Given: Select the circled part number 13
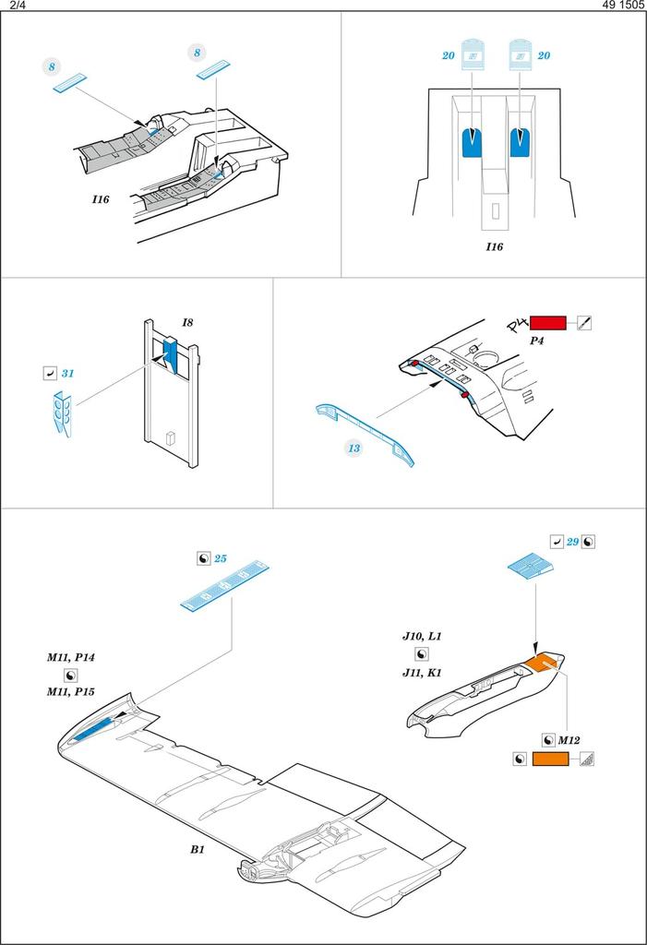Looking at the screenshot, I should (x=353, y=449).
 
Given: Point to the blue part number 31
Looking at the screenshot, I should (x=67, y=374).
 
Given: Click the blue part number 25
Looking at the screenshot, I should (x=221, y=559).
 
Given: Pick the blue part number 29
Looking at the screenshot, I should (x=572, y=542).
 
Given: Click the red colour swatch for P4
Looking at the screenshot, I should (x=547, y=323).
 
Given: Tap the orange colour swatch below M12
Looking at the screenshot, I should (x=551, y=760).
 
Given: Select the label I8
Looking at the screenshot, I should (x=187, y=322).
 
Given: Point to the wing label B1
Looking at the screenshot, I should (x=197, y=848).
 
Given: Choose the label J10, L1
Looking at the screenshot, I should (x=422, y=637).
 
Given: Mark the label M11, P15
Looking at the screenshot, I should (x=71, y=691).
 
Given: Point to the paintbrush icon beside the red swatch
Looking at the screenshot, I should (x=582, y=323).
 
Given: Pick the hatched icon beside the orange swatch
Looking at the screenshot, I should (x=586, y=760).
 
